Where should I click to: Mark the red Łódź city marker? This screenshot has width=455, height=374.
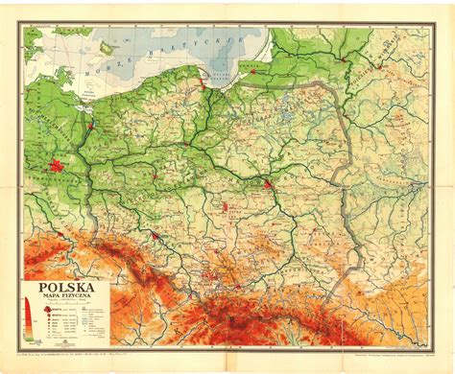(227, 205)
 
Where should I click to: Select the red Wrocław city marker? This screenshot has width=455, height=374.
(154, 234)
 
